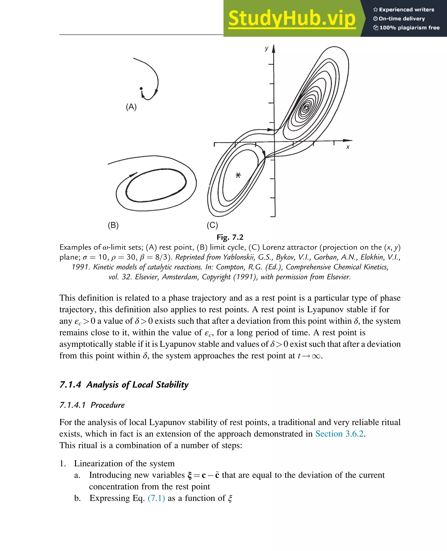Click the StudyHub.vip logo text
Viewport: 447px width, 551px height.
pyautogui.click(x=292, y=19)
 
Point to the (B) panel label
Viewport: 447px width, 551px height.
pyautogui.click(x=113, y=225)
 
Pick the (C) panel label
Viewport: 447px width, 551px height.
pyautogui.click(x=212, y=225)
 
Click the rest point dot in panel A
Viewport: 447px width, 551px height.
pyautogui.click(x=141, y=89)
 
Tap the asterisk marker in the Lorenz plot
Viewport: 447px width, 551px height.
pyautogui.click(x=238, y=175)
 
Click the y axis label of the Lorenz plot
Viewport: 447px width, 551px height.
pyautogui.click(x=266, y=48)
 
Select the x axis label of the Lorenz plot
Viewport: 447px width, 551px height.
pyautogui.click(x=348, y=147)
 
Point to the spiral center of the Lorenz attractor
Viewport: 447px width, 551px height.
pyautogui.click(x=306, y=108)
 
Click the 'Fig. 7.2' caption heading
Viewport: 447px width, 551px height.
pyautogui.click(x=230, y=237)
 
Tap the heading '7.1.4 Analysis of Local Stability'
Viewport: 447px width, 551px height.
pyautogui.click(x=124, y=385)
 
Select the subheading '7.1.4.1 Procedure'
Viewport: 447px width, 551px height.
pyautogui.click(x=92, y=405)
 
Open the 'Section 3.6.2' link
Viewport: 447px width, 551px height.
pyautogui.click(x=339, y=434)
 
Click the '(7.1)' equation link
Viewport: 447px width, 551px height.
pyautogui.click(x=156, y=498)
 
